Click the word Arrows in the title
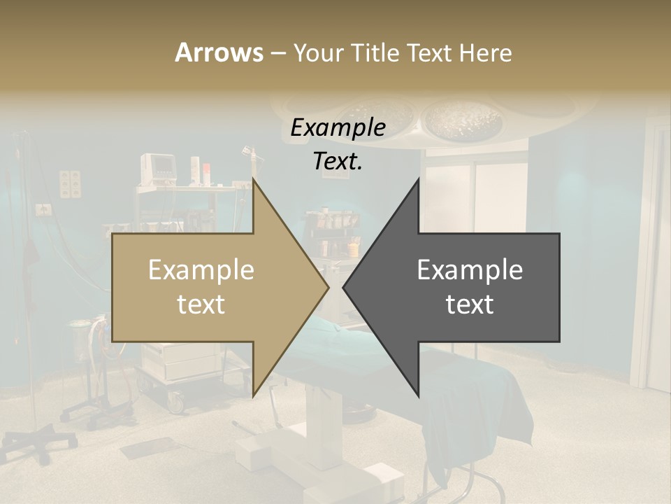click(219, 52)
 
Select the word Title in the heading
click(376, 52)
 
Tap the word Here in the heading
click(484, 52)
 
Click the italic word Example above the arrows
click(338, 127)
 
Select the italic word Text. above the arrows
click(338, 161)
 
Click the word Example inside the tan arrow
click(201, 270)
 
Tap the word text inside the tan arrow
click(201, 304)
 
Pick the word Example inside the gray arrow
click(470, 270)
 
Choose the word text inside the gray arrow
click(470, 304)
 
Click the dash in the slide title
click(277, 53)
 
